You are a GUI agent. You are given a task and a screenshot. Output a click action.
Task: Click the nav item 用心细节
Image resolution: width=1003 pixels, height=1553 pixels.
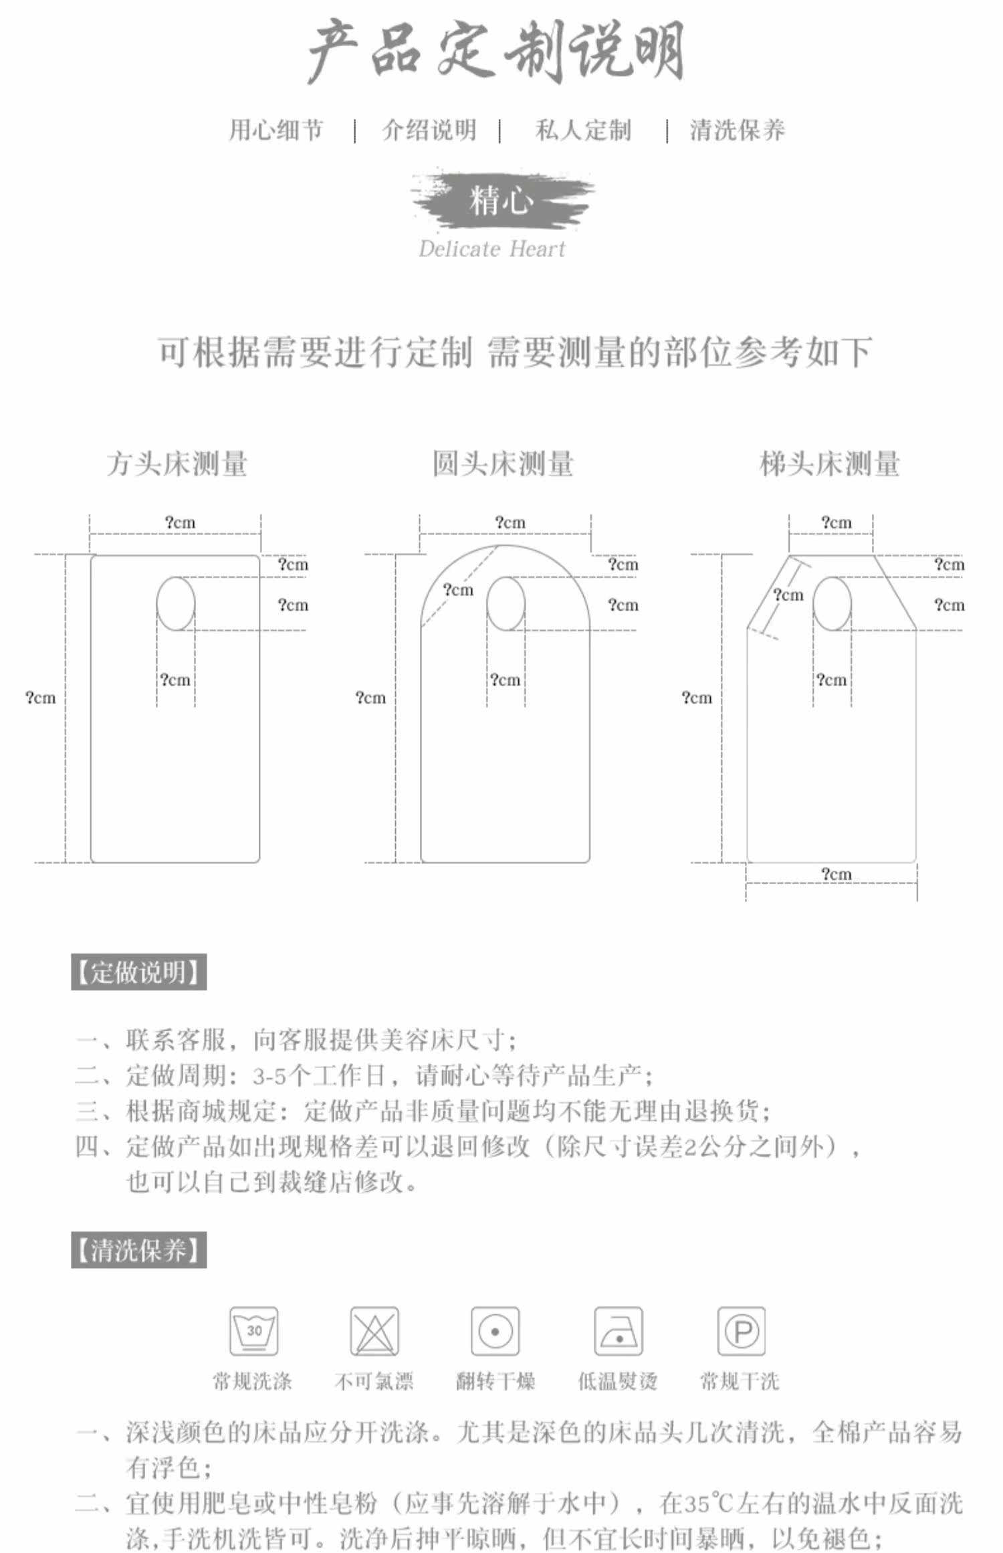point(276,130)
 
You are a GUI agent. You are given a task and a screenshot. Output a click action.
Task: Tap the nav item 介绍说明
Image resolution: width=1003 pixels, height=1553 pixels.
point(429,130)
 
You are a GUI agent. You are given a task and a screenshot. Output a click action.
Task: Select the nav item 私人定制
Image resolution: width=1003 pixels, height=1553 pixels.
point(583,130)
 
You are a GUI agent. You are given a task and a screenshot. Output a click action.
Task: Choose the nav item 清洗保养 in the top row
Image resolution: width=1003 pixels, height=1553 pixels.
point(737,130)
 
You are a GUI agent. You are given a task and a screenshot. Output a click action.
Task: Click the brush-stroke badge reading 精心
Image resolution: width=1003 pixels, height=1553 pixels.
point(502,200)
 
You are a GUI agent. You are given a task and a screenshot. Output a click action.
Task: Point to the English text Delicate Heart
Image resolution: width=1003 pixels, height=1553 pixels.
point(491,249)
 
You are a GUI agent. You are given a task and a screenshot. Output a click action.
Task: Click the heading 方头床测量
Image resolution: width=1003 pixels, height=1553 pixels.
point(177,463)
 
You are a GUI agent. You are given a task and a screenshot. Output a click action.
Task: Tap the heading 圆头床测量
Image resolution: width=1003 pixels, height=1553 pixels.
point(503,463)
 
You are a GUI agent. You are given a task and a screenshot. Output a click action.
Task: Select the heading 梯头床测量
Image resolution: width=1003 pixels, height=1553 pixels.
point(829,463)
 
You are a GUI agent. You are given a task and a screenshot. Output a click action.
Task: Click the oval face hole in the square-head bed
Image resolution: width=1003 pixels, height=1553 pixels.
point(176,603)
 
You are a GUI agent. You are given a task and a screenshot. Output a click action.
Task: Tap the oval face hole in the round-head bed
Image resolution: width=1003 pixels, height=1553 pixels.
point(506,603)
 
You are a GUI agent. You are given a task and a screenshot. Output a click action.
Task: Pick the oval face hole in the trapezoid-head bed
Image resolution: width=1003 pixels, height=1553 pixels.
point(832,603)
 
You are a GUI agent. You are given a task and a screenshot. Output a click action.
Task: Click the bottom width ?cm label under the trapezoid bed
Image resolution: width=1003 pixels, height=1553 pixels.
point(836,873)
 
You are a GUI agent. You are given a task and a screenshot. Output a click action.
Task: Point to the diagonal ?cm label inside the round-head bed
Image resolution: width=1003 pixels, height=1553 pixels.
point(458,590)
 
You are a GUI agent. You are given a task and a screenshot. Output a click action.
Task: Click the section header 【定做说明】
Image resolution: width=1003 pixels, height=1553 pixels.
point(139,972)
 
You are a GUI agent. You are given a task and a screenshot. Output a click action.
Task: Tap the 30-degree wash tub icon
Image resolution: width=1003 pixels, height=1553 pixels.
point(254,1331)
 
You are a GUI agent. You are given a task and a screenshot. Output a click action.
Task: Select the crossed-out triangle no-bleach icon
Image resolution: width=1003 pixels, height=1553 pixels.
point(374,1331)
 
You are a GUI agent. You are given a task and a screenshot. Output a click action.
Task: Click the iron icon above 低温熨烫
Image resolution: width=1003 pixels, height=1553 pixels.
point(619,1331)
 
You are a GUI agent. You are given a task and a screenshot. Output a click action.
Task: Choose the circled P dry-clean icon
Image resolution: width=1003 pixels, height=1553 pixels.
point(741,1331)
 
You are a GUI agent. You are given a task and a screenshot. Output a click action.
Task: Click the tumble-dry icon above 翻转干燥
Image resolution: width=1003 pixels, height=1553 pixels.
point(495,1331)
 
